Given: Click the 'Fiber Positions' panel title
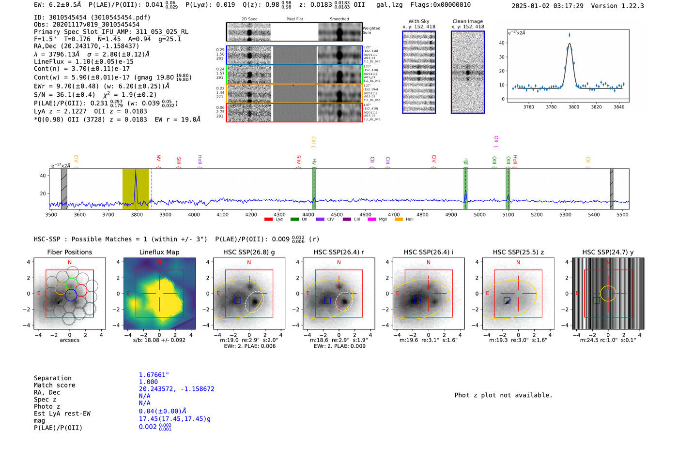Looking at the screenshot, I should tap(69, 252).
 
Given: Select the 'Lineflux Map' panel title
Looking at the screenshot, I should tap(159, 252).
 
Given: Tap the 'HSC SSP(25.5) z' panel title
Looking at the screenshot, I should tap(518, 252).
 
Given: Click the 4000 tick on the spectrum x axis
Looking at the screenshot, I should tap(194, 215).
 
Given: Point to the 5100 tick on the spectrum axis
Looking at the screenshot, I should tap(508, 215).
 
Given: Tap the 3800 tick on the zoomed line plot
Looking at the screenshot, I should tap(574, 107).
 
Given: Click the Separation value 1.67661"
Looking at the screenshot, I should tap(154, 375).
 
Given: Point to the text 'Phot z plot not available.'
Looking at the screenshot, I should tap(503, 395).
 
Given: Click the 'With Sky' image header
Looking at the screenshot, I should tap(418, 21).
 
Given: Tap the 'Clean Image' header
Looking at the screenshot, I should tap(467, 21).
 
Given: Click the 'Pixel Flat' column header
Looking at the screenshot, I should tap(294, 19).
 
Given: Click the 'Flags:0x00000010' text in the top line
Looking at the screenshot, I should tap(440, 5).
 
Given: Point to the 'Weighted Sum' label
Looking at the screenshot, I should tap(371, 30).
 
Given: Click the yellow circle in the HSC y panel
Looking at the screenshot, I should tap(608, 294).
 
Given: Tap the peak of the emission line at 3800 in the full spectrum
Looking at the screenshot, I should tap(136, 170).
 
